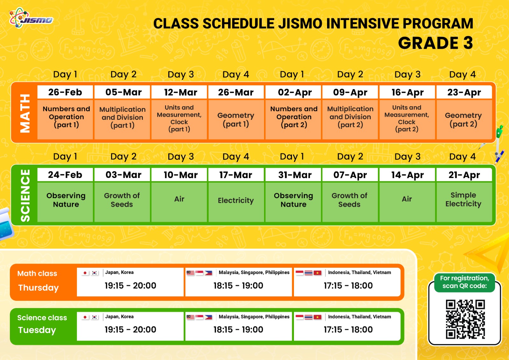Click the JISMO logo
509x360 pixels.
pos(31,18)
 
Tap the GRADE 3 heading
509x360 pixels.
pos(436,43)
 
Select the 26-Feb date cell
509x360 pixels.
pos(65,92)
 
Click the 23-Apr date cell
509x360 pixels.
pos(464,92)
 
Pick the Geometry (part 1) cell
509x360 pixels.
pos(236,119)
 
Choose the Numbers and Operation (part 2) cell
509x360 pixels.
pos(293,119)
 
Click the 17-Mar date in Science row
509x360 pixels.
pos(236,175)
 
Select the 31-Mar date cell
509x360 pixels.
pos(293,175)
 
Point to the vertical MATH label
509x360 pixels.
pos(25,113)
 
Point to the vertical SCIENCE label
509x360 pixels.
pos(25,195)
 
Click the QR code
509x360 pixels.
pos(465,319)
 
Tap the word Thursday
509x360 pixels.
pos(38,288)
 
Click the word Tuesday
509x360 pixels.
pos(37,330)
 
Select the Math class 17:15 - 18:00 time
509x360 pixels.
pos(348,286)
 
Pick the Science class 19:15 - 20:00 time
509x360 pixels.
pos(130,329)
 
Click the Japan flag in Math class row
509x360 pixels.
pos(85,273)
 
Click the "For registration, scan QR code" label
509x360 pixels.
pos(464,282)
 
